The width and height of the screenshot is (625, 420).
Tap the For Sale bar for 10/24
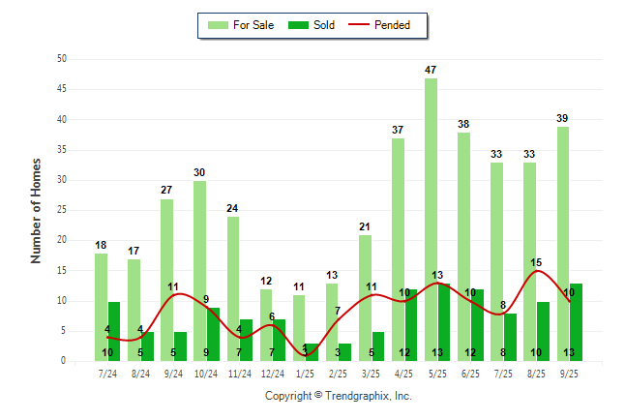199,271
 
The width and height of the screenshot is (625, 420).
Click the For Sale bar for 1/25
299,328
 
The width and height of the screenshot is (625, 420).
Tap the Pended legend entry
391,25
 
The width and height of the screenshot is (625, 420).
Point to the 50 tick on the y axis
62,59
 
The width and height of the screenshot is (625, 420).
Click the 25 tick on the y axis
62,210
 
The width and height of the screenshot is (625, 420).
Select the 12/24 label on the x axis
272,373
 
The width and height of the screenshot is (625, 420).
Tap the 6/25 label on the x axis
470,373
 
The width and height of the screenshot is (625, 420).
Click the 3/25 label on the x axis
372,373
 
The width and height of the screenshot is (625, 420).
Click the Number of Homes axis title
37,210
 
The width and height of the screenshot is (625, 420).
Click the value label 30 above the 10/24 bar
199,172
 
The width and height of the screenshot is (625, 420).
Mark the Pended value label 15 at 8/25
536,262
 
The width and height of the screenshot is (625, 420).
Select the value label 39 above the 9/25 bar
562,118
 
